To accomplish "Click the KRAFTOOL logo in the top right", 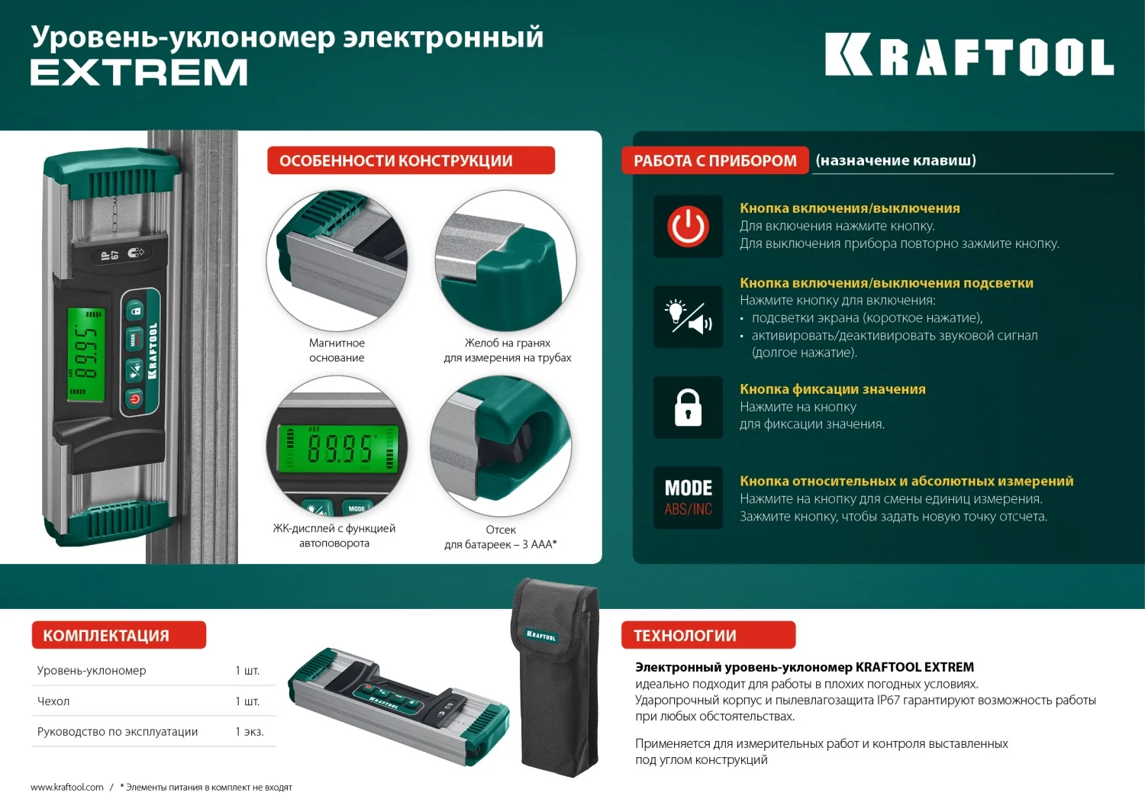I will [x=969, y=55].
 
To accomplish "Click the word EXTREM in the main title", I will [x=139, y=73].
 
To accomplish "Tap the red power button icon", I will [x=688, y=227].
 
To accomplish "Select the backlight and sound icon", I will [x=688, y=317].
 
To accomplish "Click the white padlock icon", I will [x=688, y=408].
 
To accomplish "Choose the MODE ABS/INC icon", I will [x=688, y=498].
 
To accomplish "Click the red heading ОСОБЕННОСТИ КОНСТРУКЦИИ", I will [x=411, y=161].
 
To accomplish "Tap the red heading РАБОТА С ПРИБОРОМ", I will [x=714, y=161].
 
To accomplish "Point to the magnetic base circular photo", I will [x=337, y=260].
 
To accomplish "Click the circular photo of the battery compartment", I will [x=501, y=446].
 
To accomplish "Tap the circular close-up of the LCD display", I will [x=337, y=446].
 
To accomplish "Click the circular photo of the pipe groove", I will [x=505, y=260].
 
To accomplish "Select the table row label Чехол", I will [x=53, y=701].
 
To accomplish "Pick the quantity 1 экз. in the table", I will [x=249, y=732].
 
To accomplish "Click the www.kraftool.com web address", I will [x=67, y=788].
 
